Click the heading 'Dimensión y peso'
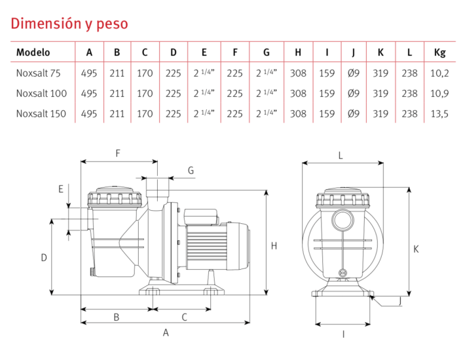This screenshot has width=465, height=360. pyautogui.click(x=69, y=24)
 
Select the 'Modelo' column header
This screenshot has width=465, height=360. pyautogui.click(x=33, y=52)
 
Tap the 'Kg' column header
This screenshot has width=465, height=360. pyautogui.click(x=441, y=52)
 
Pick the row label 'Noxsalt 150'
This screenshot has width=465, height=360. pyautogui.click(x=41, y=113)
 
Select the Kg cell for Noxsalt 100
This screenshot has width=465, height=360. pyautogui.click(x=441, y=94)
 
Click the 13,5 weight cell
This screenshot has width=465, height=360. pyautogui.click(x=441, y=113)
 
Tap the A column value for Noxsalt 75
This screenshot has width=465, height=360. pyautogui.click(x=89, y=73)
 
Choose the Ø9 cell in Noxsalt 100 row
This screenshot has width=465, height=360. pyautogui.click(x=354, y=94)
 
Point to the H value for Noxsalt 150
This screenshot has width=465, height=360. pyautogui.click(x=298, y=113)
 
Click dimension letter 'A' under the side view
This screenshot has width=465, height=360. pyautogui.click(x=166, y=333)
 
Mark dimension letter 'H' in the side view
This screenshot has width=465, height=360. pyautogui.click(x=274, y=246)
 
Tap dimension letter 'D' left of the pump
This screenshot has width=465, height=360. pyautogui.click(x=44, y=257)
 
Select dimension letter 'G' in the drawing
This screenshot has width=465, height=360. pyautogui.click(x=191, y=170)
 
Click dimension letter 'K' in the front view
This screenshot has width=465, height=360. pyautogui.click(x=417, y=249)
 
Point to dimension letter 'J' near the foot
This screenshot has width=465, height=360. pyautogui.click(x=400, y=301)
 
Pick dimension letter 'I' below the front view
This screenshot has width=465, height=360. pyautogui.click(x=343, y=334)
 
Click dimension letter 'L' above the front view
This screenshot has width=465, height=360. pyautogui.click(x=341, y=155)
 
